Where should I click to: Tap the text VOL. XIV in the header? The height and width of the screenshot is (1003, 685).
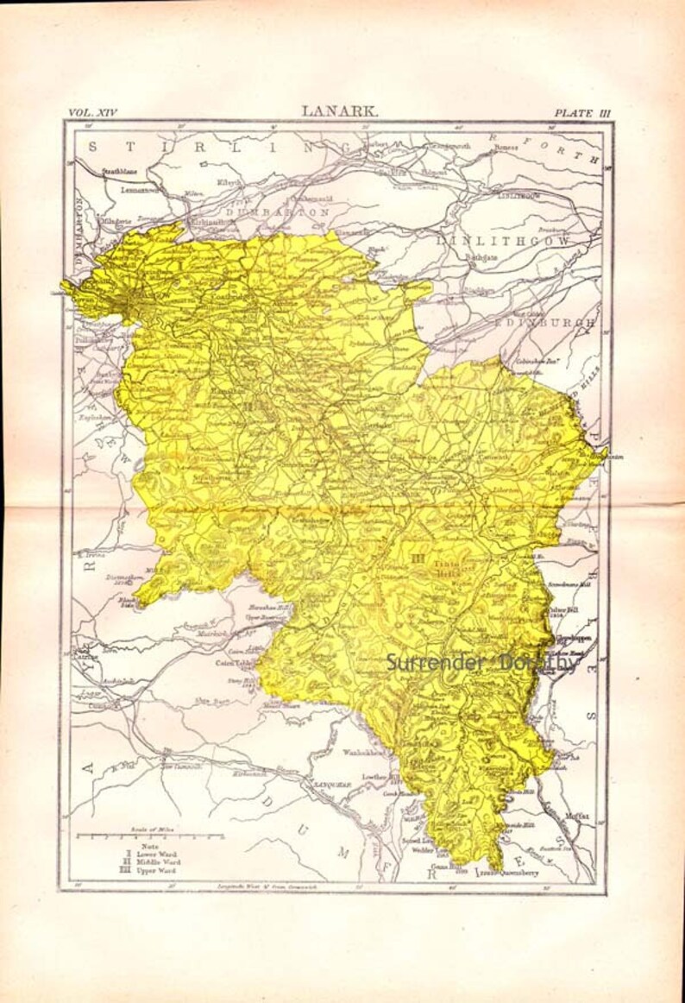(91, 112)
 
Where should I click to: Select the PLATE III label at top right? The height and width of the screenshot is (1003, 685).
(581, 112)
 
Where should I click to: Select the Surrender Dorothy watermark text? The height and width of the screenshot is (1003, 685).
(482, 663)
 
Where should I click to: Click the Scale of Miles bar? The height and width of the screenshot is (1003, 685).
(150, 836)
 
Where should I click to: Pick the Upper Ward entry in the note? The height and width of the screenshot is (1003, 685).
(153, 871)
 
